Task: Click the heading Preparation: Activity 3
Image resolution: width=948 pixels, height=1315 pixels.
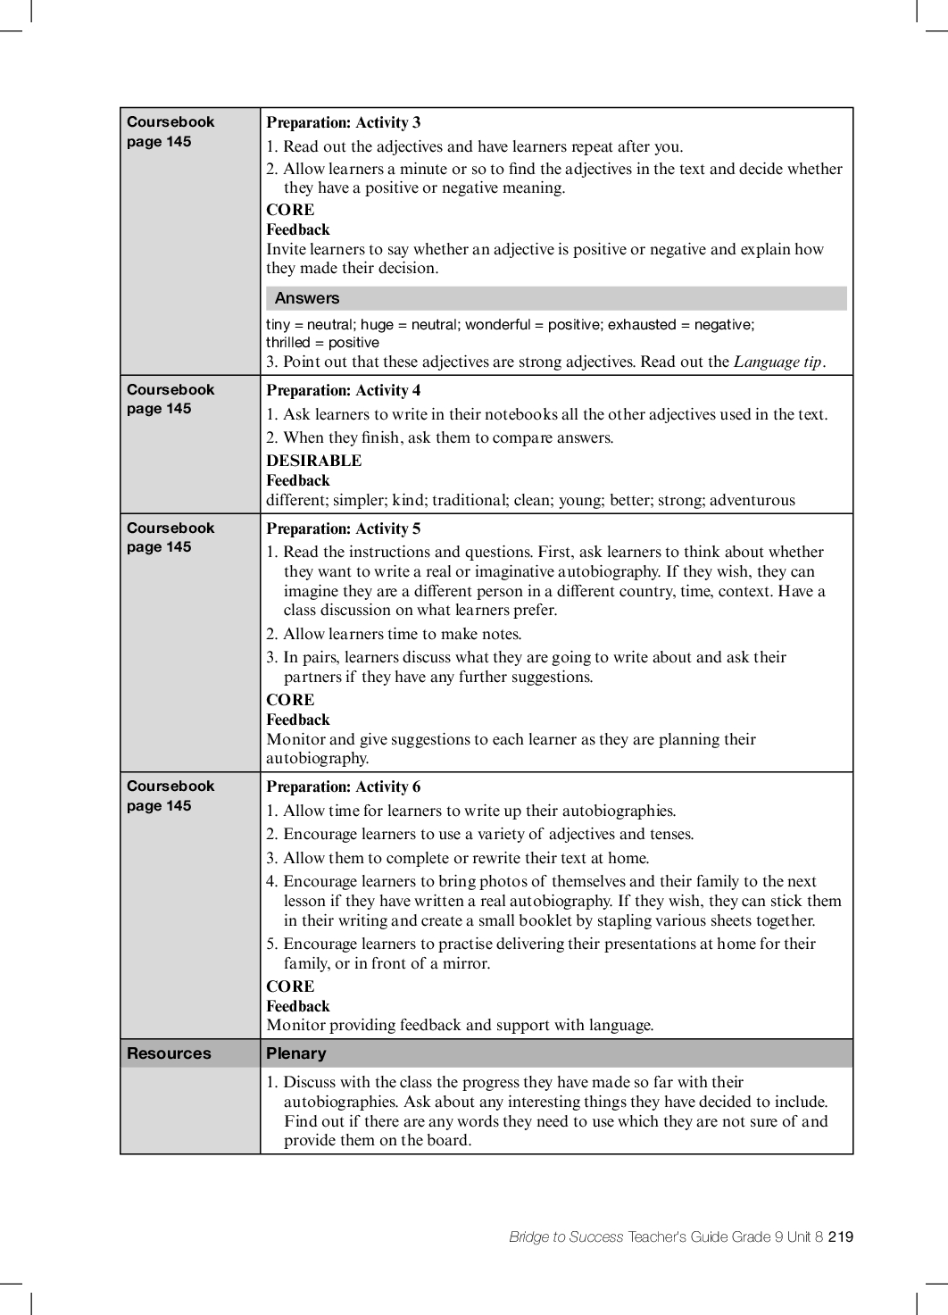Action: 343,122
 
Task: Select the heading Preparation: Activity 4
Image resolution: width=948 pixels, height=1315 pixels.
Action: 343,390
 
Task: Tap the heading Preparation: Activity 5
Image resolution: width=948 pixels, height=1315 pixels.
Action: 343,528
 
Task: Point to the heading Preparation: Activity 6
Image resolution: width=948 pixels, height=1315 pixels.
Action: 343,787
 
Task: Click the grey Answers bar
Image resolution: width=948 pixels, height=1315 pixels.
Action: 555,298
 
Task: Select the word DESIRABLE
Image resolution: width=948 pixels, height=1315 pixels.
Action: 313,461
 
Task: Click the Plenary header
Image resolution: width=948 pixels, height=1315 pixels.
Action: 296,1053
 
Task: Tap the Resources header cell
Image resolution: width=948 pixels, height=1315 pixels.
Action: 169,1053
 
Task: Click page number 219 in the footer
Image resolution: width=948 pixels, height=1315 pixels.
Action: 841,1236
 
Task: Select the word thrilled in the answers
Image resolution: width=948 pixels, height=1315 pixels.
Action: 287,343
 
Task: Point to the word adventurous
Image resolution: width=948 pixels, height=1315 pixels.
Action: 752,500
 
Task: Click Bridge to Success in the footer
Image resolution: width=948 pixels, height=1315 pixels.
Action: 566,1236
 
